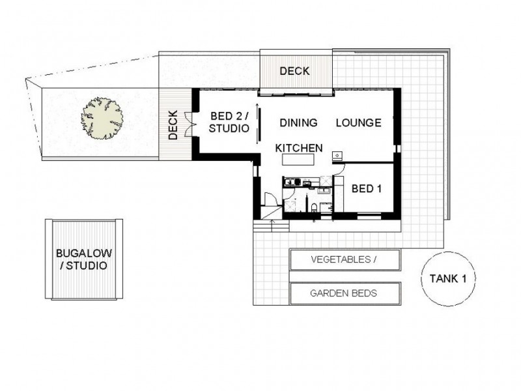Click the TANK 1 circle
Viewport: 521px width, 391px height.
[447, 278]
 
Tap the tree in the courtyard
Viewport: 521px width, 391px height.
[103, 119]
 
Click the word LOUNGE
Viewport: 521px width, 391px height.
[358, 123]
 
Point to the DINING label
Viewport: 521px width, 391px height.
[298, 123]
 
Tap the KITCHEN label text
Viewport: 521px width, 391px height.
[299, 148]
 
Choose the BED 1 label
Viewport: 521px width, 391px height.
[367, 188]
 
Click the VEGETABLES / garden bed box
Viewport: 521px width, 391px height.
[344, 261]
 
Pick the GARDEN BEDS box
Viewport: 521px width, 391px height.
[344, 293]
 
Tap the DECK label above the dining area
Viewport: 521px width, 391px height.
[294, 71]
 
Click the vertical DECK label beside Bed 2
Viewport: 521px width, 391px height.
[173, 125]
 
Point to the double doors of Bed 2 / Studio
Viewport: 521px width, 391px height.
[188, 124]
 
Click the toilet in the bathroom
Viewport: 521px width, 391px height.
[315, 207]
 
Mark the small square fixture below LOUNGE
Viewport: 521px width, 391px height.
[337, 156]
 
